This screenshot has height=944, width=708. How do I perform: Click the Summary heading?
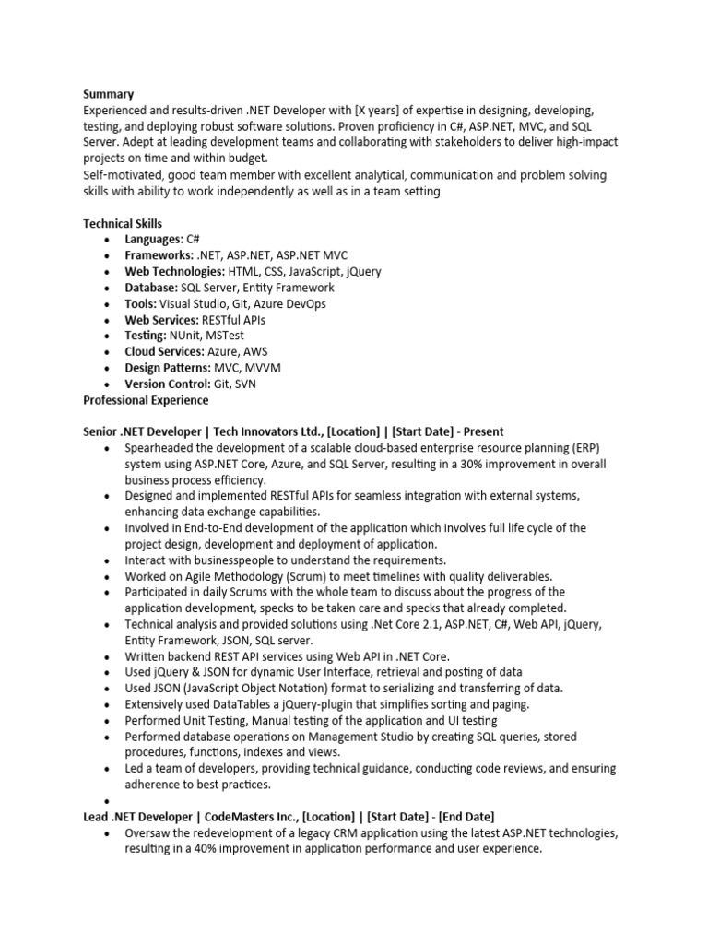click(x=108, y=94)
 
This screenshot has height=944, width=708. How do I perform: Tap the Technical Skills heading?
click(x=123, y=224)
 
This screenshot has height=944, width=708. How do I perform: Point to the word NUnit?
click(x=187, y=336)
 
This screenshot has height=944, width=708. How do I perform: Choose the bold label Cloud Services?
click(x=164, y=352)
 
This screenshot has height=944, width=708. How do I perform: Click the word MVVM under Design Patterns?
click(x=263, y=368)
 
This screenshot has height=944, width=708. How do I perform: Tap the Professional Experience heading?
click(x=146, y=400)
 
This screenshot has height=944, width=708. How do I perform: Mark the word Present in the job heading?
click(x=482, y=431)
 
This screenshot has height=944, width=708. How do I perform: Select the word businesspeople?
click(x=222, y=560)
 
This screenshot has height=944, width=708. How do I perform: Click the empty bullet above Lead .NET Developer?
click(x=108, y=801)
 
